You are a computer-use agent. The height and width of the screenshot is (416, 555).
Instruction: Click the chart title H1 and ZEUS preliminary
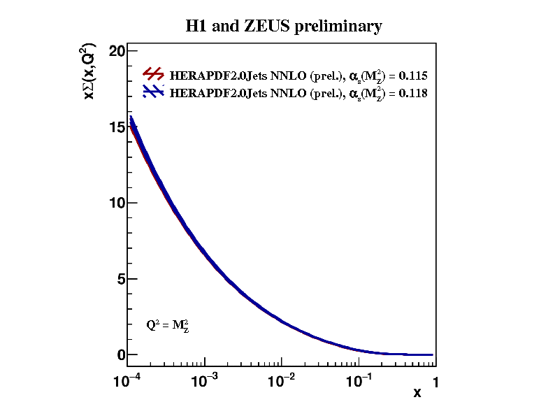(283, 27)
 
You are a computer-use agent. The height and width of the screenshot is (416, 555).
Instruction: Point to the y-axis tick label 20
(117, 51)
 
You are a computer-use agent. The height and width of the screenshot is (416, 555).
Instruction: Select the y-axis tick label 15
(117, 127)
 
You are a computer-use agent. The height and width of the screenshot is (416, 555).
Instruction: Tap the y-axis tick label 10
(117, 203)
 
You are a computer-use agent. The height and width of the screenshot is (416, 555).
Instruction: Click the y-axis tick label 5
(121, 279)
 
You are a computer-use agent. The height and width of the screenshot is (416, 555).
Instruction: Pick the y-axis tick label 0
(121, 354)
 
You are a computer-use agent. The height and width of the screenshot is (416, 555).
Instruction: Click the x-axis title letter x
(417, 393)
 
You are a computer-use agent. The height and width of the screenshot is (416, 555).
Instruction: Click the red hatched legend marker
(153, 74)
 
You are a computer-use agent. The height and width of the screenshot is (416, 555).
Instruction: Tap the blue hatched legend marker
(153, 91)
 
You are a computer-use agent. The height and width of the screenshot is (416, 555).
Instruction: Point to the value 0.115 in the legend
(413, 76)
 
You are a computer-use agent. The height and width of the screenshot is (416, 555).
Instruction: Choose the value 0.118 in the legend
(413, 92)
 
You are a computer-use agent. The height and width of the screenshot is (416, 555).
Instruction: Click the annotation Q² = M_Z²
(168, 325)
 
